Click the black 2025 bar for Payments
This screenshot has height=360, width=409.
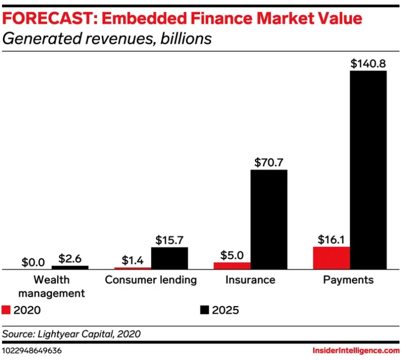click(x=368, y=170)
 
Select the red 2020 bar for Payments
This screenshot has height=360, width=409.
click(x=331, y=257)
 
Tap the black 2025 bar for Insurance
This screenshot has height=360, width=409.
click(x=269, y=219)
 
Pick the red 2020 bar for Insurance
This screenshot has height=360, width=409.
click(x=232, y=265)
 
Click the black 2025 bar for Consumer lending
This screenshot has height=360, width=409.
click(x=170, y=258)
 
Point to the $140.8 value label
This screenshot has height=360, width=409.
click(x=368, y=63)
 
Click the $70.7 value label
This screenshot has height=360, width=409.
click(x=269, y=162)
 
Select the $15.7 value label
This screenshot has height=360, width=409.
click(x=170, y=240)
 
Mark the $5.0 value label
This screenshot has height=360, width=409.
click(x=232, y=255)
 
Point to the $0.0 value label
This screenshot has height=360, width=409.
click(x=33, y=261)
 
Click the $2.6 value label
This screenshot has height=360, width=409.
click(x=70, y=258)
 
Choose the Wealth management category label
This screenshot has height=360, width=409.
click(x=52, y=286)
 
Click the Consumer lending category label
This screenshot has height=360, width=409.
click(x=151, y=280)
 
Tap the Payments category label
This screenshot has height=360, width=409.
click(x=348, y=280)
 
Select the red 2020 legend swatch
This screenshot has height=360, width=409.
click(x=6, y=310)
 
